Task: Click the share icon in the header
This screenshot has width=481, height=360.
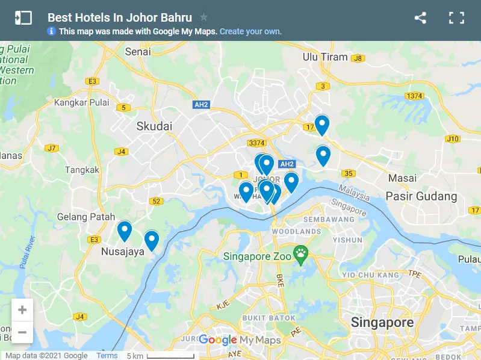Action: click(420, 17)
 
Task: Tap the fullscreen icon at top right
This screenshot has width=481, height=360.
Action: click(457, 17)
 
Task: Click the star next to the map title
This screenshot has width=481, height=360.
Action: click(204, 17)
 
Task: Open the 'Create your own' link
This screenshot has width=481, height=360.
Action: click(250, 31)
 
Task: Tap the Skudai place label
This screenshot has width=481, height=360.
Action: click(154, 126)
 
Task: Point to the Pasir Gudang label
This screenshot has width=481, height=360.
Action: click(421, 196)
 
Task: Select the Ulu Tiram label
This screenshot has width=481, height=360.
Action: click(325, 57)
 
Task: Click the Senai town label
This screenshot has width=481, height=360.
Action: click(138, 52)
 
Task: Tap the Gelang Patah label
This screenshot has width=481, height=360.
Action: click(85, 217)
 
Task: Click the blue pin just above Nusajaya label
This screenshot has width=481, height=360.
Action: click(125, 231)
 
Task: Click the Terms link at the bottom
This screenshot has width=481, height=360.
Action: click(107, 356)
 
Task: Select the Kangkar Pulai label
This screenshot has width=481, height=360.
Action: click(82, 102)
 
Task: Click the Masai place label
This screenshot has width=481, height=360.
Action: click(402, 178)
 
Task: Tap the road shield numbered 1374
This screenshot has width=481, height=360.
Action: click(414, 96)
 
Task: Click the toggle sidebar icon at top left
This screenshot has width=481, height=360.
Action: click(23, 17)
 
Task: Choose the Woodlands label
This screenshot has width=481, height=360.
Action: click(296, 231)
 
